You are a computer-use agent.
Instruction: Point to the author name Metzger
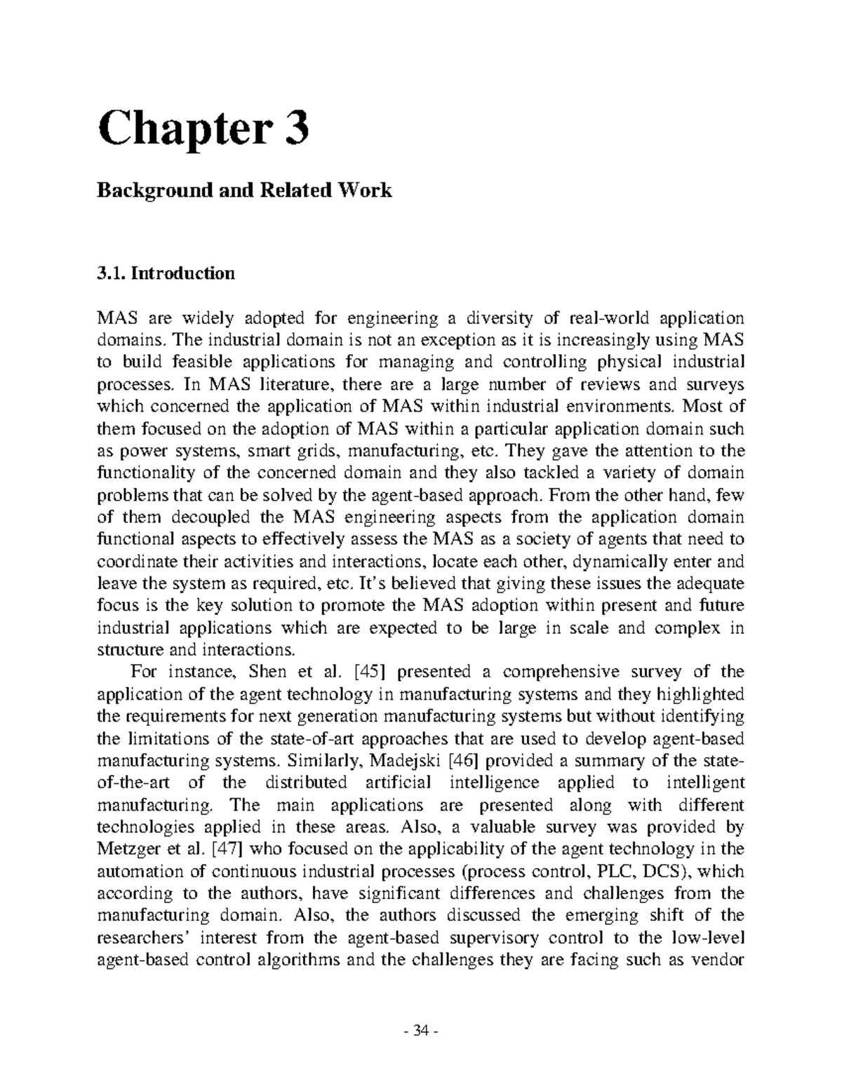click(128, 849)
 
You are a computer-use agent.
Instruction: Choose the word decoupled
click(204, 517)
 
